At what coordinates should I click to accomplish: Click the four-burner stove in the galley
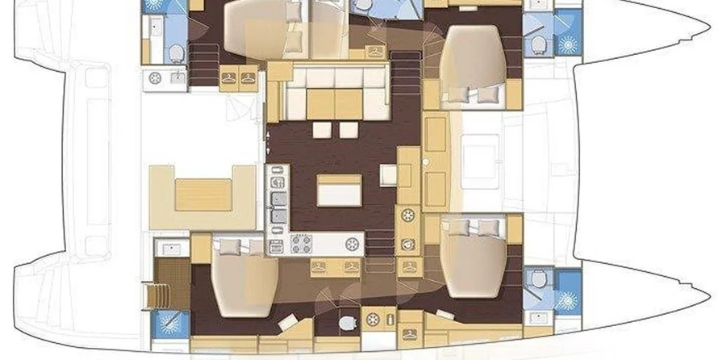(x=302, y=243)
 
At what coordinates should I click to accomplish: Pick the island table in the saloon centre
(x=339, y=190)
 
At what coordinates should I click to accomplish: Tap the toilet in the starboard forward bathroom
(x=538, y=278)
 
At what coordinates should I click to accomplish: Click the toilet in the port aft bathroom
(x=176, y=52)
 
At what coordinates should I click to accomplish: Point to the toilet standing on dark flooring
(x=348, y=323)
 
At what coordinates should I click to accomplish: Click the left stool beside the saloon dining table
(x=321, y=129)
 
